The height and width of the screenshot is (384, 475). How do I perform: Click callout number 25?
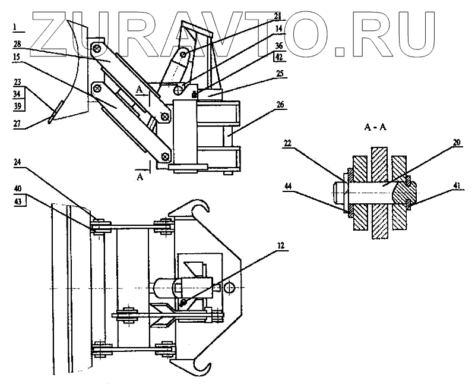tap(280, 74)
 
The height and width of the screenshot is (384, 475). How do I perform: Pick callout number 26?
tap(280, 104)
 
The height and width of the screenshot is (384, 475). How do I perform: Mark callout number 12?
tap(280, 243)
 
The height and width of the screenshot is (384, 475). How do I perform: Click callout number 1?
tap(17, 27)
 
